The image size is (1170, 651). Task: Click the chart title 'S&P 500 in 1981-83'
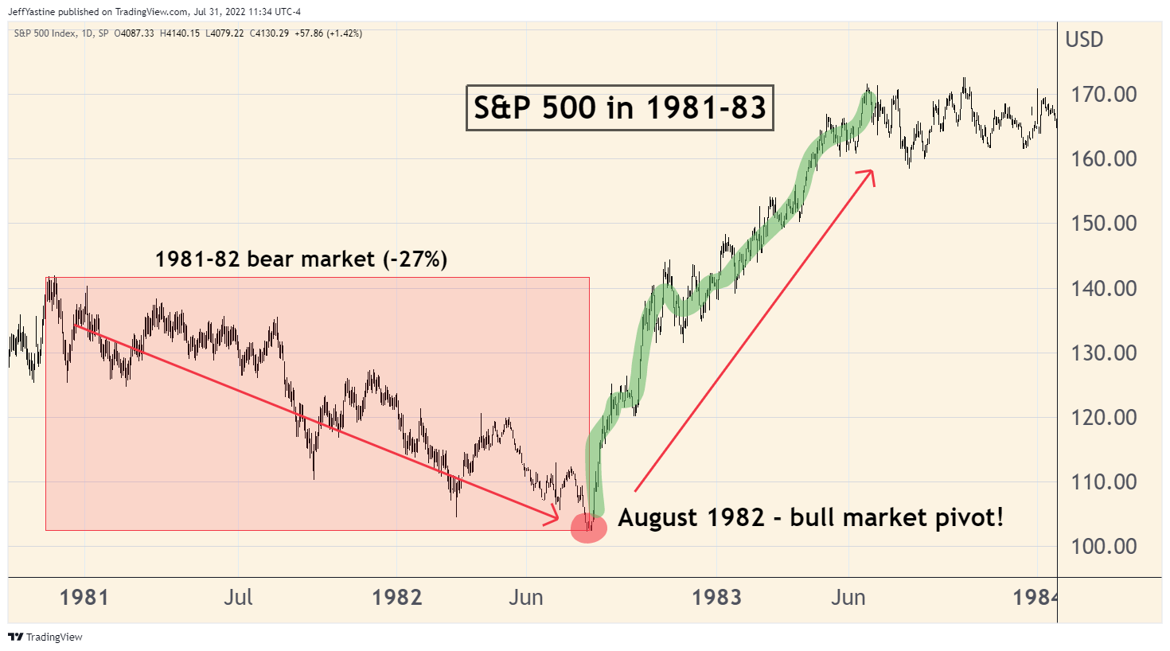619,107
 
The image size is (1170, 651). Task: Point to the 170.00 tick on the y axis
1103,94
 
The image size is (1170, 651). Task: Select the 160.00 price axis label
1103,158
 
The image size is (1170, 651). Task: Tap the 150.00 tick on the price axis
1103,223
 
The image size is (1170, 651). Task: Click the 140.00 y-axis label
1103,288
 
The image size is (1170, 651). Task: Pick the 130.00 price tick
1103,353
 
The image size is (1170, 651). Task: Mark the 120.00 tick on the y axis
1103,417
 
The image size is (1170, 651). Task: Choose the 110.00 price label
1103,481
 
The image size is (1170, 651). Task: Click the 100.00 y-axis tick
1103,546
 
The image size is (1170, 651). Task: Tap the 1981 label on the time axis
84,597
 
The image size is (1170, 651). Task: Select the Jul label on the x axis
238,597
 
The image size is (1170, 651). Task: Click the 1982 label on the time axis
396,597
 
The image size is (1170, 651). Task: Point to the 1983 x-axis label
716,597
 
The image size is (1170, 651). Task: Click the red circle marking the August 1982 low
589,527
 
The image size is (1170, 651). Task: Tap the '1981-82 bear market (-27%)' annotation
301,259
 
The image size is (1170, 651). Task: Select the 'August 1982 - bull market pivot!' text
810,517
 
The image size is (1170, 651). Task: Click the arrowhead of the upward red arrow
871,174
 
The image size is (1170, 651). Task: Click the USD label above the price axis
1084,40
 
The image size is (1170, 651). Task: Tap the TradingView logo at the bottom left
45,637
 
